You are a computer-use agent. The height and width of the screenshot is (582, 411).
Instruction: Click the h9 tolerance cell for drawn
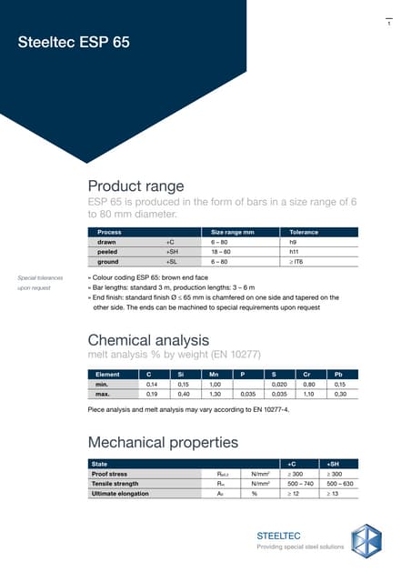(293, 243)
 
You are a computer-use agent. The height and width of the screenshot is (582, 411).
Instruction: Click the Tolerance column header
(304, 232)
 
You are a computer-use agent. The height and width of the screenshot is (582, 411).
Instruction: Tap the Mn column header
(215, 374)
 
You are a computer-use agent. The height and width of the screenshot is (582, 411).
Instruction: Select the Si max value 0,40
(184, 395)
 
